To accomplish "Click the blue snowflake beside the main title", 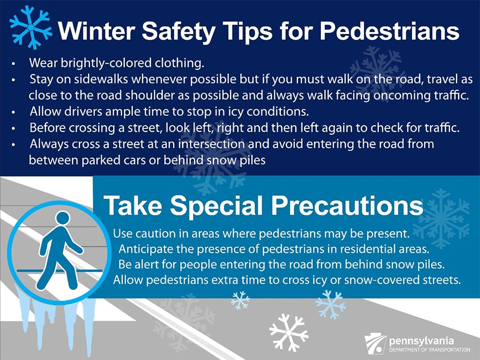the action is coord(31,27).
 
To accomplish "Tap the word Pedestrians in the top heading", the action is coord(389,31).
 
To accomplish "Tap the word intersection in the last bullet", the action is coord(211,144).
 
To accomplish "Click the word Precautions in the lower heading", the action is coord(347,206).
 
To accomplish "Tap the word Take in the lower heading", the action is coord(133,206).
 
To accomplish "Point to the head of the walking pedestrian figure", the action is coord(63,218).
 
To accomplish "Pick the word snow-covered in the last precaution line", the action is coord(378,280).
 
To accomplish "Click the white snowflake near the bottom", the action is coord(289,332).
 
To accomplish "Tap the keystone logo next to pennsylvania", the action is coord(375,344).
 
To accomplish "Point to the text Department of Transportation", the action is coord(429,350).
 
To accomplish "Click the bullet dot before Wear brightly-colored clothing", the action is coord(13,64).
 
